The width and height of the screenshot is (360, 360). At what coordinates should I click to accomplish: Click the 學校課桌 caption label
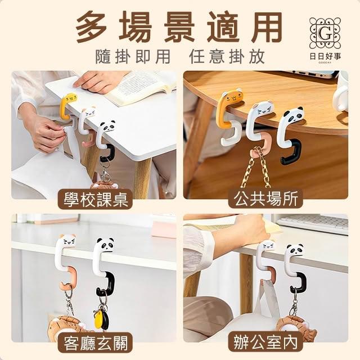[x=95, y=199]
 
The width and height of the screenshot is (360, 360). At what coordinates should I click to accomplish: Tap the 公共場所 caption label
[x=265, y=199]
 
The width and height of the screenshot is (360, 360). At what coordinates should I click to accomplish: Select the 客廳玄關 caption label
[x=95, y=343]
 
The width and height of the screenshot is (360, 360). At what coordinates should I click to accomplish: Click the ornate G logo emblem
[x=325, y=34]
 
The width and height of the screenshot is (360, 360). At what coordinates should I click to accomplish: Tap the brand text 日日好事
[x=325, y=56]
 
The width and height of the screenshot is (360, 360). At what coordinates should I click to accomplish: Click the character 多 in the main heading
[x=92, y=26]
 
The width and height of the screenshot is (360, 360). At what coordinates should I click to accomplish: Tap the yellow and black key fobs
[x=102, y=317]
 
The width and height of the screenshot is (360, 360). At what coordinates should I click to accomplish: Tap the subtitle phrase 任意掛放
[x=227, y=57]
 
